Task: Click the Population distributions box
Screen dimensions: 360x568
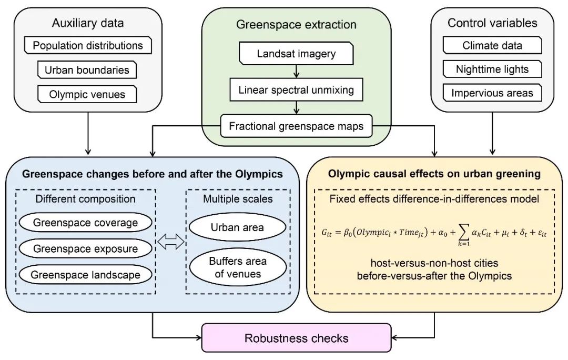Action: tap(88, 45)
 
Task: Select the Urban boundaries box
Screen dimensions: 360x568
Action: tap(87, 70)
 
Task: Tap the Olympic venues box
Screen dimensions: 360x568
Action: tap(87, 95)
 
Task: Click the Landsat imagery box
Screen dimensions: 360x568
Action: tap(296, 54)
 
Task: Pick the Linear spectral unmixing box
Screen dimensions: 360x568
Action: tap(296, 89)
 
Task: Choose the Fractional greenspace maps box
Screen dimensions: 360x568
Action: tap(296, 126)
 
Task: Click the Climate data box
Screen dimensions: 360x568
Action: tap(492, 45)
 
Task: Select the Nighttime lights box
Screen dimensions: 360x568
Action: tap(492, 69)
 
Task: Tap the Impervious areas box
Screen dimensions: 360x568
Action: tap(492, 93)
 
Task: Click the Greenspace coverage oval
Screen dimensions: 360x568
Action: tap(85, 223)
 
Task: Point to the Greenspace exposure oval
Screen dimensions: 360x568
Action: tap(85, 248)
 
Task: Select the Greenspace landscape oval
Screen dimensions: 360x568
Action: tap(85, 275)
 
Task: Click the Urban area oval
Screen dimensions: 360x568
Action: tap(237, 228)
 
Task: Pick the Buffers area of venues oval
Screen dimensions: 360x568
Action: tap(237, 267)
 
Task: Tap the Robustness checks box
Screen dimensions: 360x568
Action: tap(297, 337)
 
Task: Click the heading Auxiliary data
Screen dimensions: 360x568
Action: tap(87, 23)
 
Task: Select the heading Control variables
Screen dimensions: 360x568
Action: tap(492, 23)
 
